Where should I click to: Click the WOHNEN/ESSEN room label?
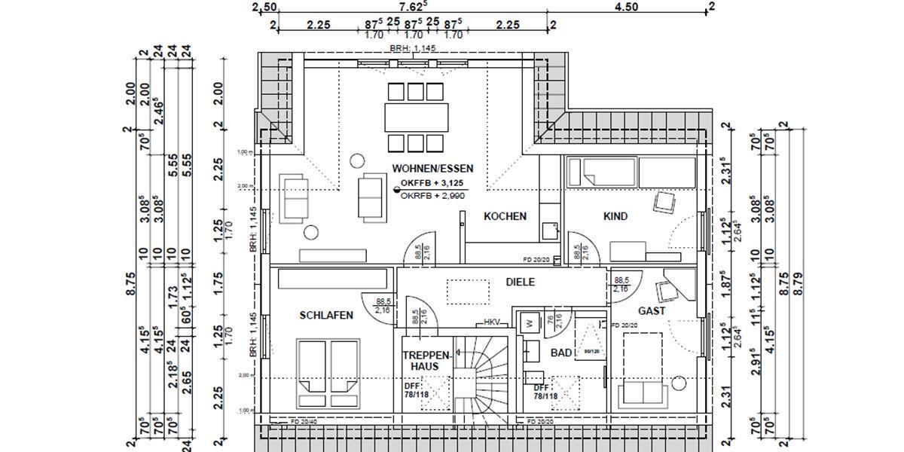[x=432, y=169]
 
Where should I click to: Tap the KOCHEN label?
[x=505, y=216]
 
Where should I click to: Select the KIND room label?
[x=615, y=216]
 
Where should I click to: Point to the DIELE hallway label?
[x=520, y=282]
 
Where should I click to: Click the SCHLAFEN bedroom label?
[x=325, y=316]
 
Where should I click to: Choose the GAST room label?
[x=651, y=310]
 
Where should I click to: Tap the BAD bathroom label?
[x=561, y=353]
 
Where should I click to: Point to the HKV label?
[x=492, y=322]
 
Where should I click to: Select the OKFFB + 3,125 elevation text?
[x=433, y=183]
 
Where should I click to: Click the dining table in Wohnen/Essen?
[x=414, y=117]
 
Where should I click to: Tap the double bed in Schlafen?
[x=327, y=366]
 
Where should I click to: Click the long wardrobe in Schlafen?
[x=331, y=279]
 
